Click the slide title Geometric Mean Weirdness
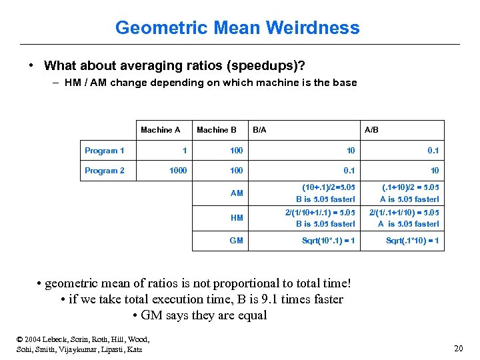[x=237, y=28]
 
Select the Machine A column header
[x=160, y=130]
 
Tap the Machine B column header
[x=217, y=130]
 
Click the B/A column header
[x=259, y=130]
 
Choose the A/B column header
[x=371, y=130]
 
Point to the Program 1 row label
[x=104, y=151]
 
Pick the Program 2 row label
[x=104, y=171]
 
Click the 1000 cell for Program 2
[x=178, y=171]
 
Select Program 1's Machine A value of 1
[x=184, y=151]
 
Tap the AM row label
[x=237, y=193]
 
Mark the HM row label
[x=237, y=217]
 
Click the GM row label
[x=237, y=241]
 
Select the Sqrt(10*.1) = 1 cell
[x=328, y=241]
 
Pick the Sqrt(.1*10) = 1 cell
[x=412, y=241]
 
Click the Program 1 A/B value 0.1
[x=433, y=151]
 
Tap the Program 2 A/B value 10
[x=434, y=171]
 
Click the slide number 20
[x=458, y=348]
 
